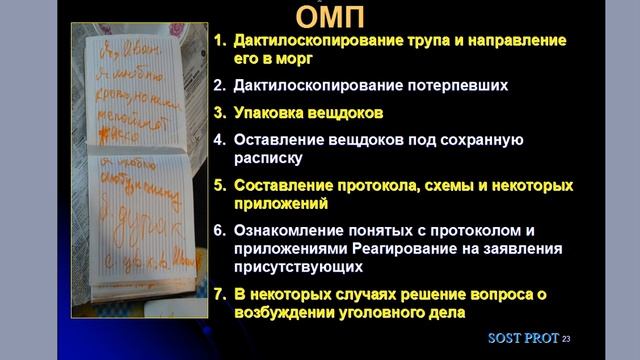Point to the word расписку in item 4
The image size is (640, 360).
[266, 157]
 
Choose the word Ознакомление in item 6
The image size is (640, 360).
[288, 230]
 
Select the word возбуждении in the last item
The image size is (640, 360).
[288, 312]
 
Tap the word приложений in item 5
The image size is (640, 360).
[279, 203]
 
